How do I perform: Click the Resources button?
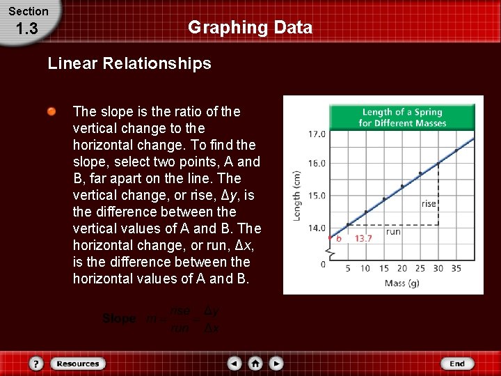tap(78, 363)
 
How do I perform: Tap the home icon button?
tap(255, 363)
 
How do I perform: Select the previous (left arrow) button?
tap(234, 363)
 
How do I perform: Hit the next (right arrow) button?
tap(276, 363)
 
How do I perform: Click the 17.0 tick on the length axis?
tap(317, 134)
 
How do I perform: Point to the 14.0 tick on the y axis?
tap(317, 228)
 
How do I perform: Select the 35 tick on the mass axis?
tap(456, 269)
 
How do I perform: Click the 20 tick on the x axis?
tap(402, 269)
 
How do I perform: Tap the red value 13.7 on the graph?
tap(363, 238)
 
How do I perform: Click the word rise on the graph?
tap(429, 204)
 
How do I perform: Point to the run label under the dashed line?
tap(393, 232)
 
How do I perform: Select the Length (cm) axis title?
tap(297, 197)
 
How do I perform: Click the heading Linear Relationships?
tap(129, 64)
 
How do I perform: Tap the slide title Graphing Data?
tap(250, 28)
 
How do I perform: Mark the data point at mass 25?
tap(420, 173)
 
